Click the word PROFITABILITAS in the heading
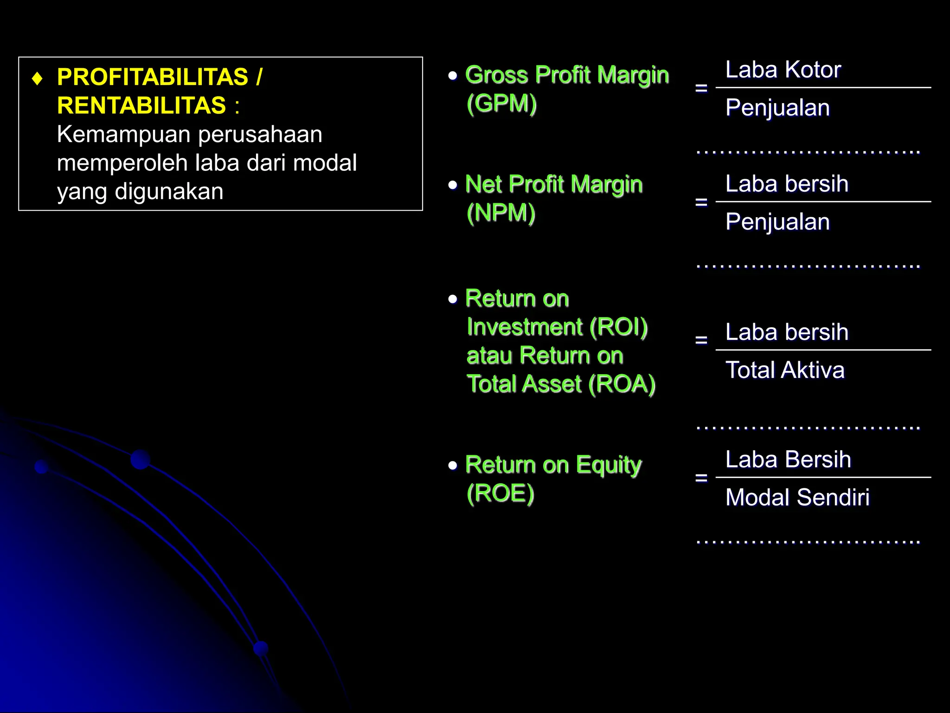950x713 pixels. click(x=153, y=77)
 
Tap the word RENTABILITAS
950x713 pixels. click(x=141, y=105)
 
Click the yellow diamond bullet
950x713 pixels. click(x=38, y=78)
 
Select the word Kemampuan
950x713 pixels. click(x=124, y=135)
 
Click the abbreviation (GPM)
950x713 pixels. click(x=501, y=103)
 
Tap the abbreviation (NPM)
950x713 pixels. click(x=501, y=213)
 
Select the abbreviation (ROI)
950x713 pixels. click(x=618, y=327)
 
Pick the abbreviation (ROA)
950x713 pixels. click(x=622, y=384)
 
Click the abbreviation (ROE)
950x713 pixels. click(x=501, y=493)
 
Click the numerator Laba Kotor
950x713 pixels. click(x=783, y=70)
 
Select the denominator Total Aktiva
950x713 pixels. click(x=785, y=370)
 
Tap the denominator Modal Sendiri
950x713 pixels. click(x=797, y=497)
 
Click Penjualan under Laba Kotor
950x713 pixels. click(x=777, y=108)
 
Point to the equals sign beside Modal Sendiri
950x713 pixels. click(x=701, y=478)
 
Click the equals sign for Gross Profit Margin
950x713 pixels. click(x=701, y=88)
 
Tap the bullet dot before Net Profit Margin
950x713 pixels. click(x=453, y=185)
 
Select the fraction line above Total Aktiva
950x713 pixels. click(x=823, y=350)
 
